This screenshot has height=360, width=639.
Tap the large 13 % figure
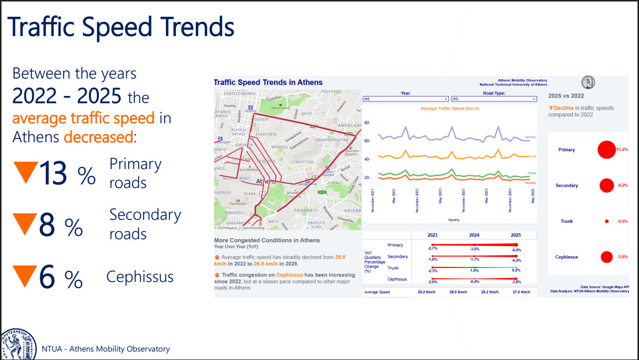coord(67,174)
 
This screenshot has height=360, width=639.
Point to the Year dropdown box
coord(404,99)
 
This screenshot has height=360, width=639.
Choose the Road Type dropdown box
coord(493,99)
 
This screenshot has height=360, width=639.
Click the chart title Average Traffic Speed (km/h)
coord(450,108)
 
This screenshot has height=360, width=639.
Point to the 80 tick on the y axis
coord(367,123)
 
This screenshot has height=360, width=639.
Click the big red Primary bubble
coord(606,150)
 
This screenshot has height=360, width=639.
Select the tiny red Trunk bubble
coord(607,221)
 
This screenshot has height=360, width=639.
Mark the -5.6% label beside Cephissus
coord(622,257)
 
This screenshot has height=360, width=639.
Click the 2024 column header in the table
coord(474,235)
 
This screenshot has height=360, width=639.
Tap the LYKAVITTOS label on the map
coord(303,162)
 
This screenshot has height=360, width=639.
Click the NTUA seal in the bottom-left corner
coord(18,344)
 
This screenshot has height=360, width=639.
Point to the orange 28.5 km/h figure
coord(340,257)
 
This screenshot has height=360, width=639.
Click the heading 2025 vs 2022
coord(566,95)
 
